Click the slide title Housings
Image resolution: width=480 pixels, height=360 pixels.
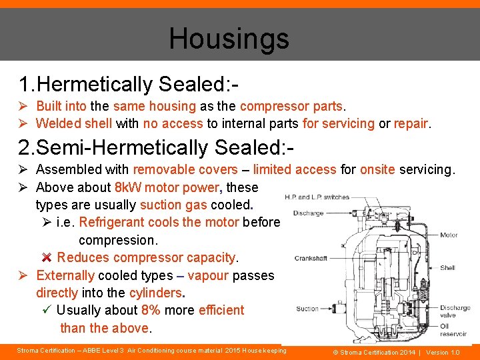tap(229, 38)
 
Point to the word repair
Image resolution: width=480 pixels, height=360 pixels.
tap(411, 123)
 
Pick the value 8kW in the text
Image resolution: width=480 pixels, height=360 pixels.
tap(128, 187)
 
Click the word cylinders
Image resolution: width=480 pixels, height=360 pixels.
tap(155, 293)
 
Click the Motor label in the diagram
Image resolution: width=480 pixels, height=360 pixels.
tap(449, 235)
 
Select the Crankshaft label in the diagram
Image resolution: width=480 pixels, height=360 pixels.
tap(309, 258)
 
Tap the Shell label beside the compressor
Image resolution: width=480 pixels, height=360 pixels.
tap(447, 268)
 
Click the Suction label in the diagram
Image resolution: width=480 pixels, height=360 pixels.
tap(307, 309)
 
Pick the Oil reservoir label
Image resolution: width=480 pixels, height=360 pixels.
tap(453, 330)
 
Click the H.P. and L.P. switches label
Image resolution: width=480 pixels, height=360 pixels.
tap(317, 197)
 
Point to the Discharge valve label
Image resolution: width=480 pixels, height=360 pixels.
tap(455, 312)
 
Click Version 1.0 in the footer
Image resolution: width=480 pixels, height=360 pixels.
tap(442, 352)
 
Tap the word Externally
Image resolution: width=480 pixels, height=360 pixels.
tap(65, 275)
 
